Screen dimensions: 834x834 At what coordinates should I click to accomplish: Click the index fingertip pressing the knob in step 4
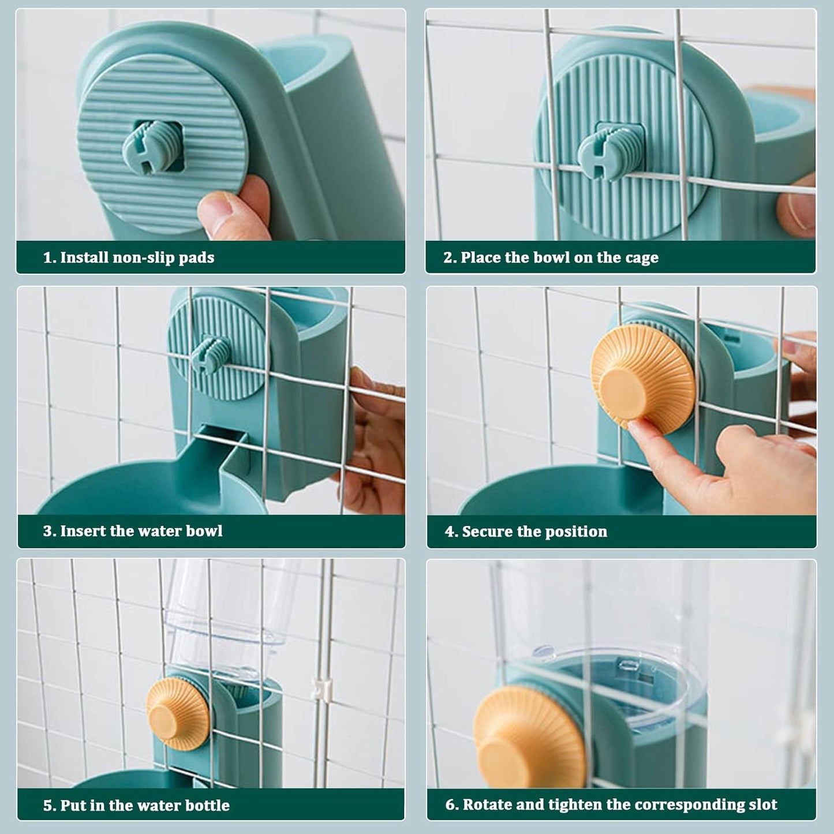tap(634, 427)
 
